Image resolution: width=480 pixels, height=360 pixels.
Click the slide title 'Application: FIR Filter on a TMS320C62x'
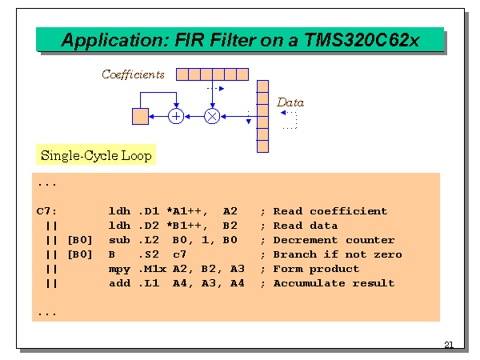point(240,40)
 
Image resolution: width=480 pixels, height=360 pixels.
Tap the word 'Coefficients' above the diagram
point(134,74)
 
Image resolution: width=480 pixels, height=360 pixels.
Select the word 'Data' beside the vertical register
point(290,102)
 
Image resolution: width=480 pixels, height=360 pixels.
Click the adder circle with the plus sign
point(178,117)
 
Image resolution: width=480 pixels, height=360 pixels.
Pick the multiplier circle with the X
point(212,117)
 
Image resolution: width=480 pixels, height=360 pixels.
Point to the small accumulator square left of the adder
point(140,117)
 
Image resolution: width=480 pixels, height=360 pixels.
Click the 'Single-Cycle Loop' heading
point(96,155)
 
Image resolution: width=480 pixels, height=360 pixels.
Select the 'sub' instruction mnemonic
point(118,240)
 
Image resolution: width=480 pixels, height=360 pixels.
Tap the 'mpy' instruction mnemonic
point(118,269)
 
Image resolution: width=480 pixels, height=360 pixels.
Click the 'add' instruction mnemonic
point(118,283)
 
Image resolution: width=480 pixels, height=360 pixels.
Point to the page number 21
point(448,345)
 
